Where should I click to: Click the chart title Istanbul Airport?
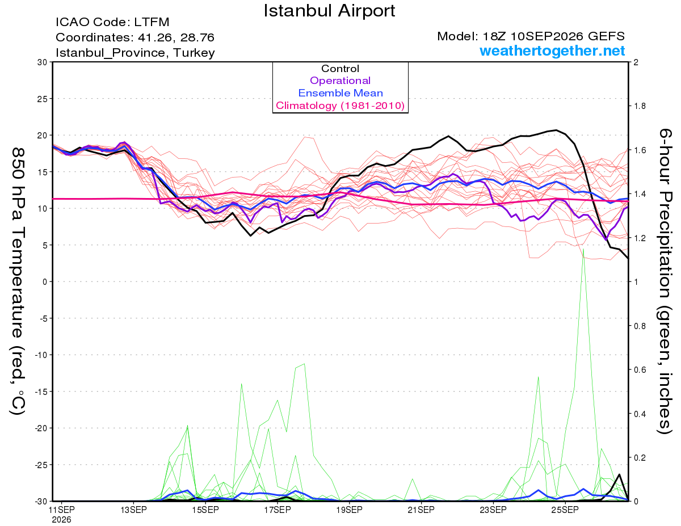coord(329,11)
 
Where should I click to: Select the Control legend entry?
coord(340,69)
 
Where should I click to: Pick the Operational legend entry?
coord(340,81)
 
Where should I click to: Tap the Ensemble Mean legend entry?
coord(340,93)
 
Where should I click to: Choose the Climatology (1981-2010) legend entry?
coord(340,106)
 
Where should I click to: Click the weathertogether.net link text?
coord(552,51)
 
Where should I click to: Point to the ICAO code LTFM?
coord(152,22)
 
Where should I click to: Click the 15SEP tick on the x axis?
coord(205,510)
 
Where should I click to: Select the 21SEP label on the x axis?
coord(421,510)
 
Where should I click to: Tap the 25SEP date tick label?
coord(565,510)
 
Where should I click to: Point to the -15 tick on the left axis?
coord(41,392)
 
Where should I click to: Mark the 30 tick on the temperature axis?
coord(42,62)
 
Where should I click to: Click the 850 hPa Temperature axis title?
coord(18,281)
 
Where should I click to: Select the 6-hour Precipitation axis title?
coord(665,281)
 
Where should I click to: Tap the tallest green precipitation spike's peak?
coord(583,249)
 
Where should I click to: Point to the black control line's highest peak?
coord(556,130)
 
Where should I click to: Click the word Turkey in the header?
coord(194,53)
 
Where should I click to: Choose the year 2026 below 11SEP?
coord(61,520)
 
